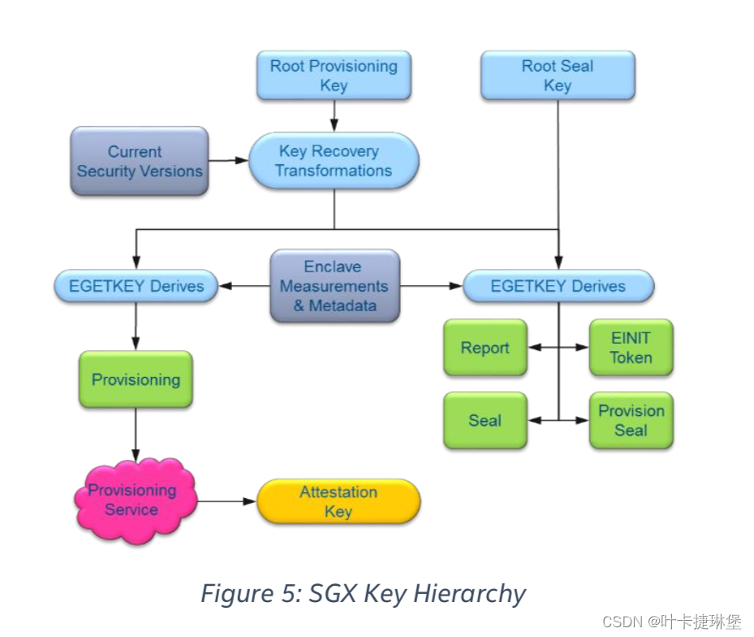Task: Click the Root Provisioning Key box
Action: click(334, 76)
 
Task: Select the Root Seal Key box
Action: click(558, 76)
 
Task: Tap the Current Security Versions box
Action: click(140, 161)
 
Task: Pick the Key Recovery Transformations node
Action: click(334, 161)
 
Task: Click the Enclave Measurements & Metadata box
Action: click(334, 286)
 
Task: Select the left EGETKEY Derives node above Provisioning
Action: click(136, 286)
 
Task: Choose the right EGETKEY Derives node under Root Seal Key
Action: click(558, 286)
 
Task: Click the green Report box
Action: click(485, 348)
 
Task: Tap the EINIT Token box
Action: click(631, 348)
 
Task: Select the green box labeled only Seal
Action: click(485, 421)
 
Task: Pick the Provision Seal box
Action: click(631, 421)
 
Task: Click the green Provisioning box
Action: click(136, 379)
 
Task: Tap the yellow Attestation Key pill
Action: click(338, 501)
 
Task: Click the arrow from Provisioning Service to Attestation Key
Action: click(227, 501)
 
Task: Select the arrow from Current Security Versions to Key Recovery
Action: click(228, 161)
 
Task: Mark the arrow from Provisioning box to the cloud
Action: click(136, 435)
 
